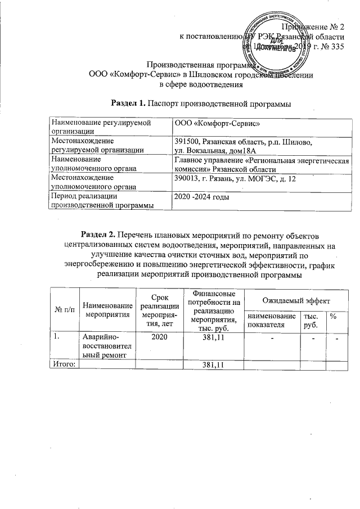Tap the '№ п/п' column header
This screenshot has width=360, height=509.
64,310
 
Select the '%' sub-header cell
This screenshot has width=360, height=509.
334,317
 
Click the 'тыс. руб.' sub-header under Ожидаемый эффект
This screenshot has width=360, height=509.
310,321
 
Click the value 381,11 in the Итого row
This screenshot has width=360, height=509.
213,365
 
